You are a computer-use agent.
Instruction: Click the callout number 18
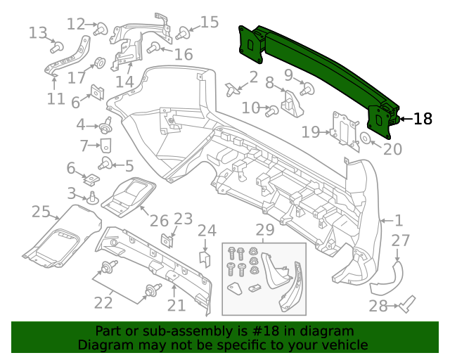[x=423, y=119]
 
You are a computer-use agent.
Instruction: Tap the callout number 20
[x=392, y=149]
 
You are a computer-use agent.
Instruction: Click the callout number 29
[x=264, y=229]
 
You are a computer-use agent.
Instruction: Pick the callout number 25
[x=41, y=212]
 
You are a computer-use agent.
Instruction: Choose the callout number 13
[x=37, y=32]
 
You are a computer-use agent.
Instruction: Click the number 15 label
[x=210, y=22]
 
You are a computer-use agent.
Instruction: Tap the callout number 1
[x=398, y=220]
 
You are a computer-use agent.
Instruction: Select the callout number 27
[x=400, y=241]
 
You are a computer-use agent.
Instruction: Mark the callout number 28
[x=378, y=306]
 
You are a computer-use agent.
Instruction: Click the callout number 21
[x=176, y=305]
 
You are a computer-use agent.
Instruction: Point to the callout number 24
[x=207, y=231]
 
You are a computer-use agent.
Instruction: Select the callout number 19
[x=310, y=131]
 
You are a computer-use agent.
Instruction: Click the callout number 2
[x=253, y=76]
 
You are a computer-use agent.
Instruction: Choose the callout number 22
[x=103, y=303]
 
